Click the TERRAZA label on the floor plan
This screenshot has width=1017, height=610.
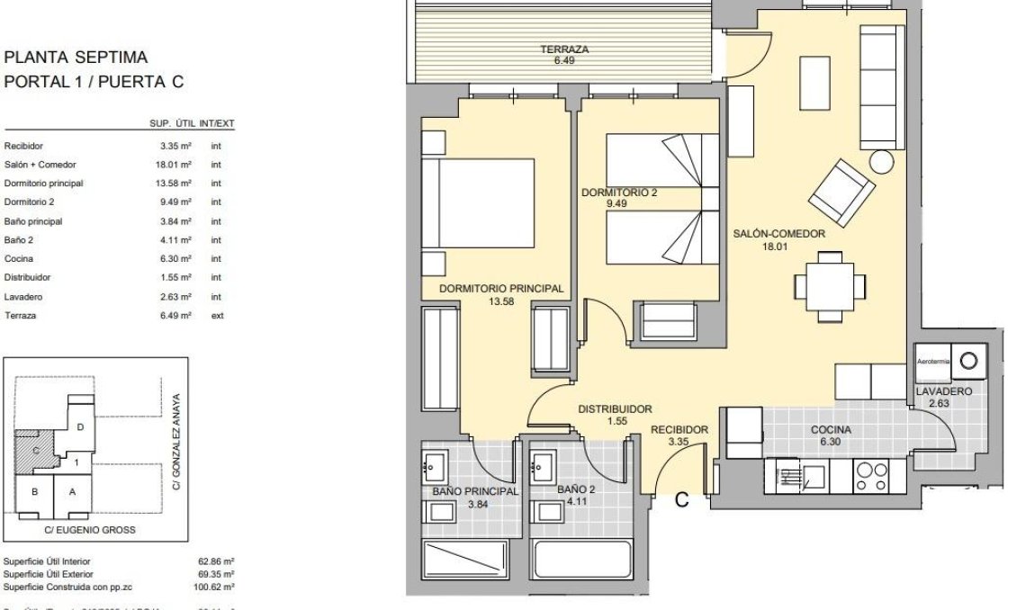tap(564, 50)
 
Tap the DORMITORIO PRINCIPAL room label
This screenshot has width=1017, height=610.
tap(501, 289)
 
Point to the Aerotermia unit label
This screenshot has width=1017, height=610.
tap(932, 361)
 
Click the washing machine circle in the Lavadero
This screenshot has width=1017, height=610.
tap(968, 361)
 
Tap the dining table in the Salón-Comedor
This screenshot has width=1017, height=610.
tap(830, 285)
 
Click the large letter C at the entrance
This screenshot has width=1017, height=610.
tap(681, 500)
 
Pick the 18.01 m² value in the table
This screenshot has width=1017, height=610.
tap(174, 165)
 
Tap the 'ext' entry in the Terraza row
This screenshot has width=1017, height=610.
tap(216, 316)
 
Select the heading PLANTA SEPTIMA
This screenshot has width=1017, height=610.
tap(76, 58)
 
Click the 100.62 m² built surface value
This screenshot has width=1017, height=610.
tap(215, 586)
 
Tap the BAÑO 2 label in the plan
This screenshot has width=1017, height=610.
tap(576, 490)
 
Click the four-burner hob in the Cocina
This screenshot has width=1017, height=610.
tap(870, 477)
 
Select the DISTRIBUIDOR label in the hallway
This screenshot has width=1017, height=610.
tap(615, 408)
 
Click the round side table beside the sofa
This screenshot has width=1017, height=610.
tap(881, 161)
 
